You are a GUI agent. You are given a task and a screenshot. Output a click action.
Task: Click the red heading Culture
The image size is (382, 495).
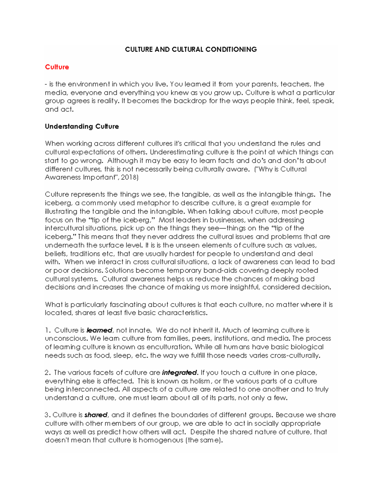(x=57, y=67)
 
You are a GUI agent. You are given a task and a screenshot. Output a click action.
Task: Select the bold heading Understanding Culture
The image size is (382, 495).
(x=82, y=127)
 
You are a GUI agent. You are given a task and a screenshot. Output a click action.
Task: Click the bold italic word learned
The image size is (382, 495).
(x=99, y=330)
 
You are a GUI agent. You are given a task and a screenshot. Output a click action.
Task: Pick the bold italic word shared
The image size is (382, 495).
(x=96, y=415)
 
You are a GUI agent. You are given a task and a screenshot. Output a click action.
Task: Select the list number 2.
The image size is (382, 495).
(x=47, y=373)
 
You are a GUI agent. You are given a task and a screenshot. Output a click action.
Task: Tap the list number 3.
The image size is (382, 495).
(x=47, y=415)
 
